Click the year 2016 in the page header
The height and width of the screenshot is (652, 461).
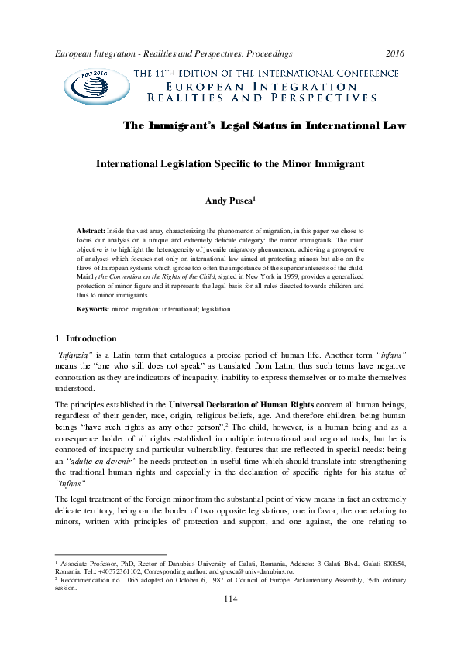(x=395, y=53)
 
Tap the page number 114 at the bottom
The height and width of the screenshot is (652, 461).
(x=230, y=621)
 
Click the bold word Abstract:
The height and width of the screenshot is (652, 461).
(x=91, y=232)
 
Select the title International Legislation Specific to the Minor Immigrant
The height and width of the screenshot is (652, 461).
(x=230, y=165)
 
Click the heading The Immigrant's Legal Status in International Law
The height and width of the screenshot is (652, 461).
(x=266, y=125)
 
